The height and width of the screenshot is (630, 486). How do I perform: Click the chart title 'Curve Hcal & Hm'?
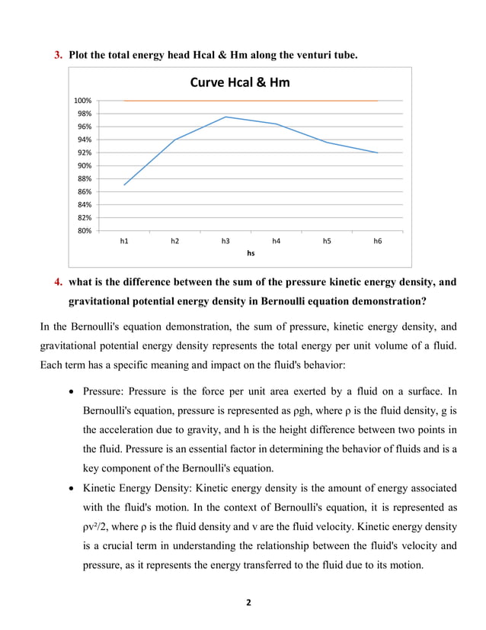[x=239, y=82]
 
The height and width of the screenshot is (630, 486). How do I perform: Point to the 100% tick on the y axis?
[x=82, y=100]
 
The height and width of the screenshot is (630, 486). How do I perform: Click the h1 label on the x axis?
[x=124, y=241]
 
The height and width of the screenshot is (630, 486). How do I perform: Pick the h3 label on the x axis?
[x=225, y=241]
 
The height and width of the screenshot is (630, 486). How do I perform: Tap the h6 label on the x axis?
[x=377, y=241]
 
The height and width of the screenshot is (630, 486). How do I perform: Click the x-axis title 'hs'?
[x=251, y=252]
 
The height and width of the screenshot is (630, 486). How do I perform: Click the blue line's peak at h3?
[x=225, y=117]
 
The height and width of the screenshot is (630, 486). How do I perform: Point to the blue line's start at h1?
[x=124, y=185]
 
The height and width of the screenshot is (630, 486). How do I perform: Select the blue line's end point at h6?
[x=377, y=153]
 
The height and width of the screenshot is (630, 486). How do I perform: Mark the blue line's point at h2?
[x=175, y=140]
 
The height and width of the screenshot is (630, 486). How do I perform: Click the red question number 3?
[x=57, y=55]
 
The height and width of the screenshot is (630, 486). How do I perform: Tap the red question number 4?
[x=57, y=282]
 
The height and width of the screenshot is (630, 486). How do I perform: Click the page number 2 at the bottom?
[x=248, y=603]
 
